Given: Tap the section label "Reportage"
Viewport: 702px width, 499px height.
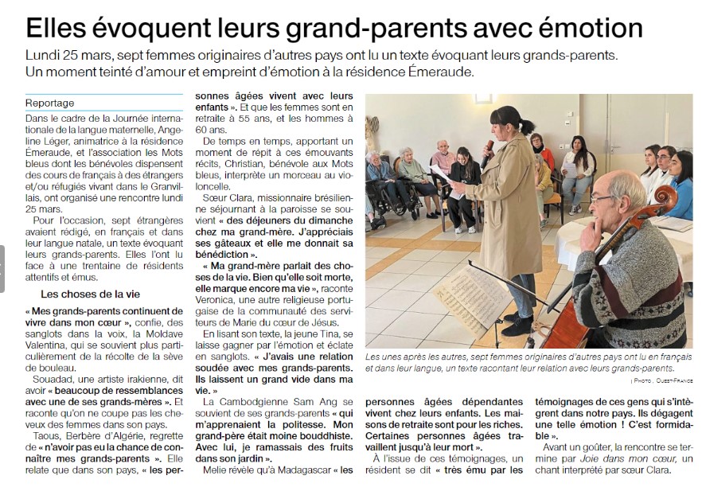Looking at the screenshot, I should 49,103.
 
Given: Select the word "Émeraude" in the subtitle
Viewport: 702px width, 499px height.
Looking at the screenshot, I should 441,72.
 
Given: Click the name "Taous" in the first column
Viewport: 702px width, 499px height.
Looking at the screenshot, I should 48,437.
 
